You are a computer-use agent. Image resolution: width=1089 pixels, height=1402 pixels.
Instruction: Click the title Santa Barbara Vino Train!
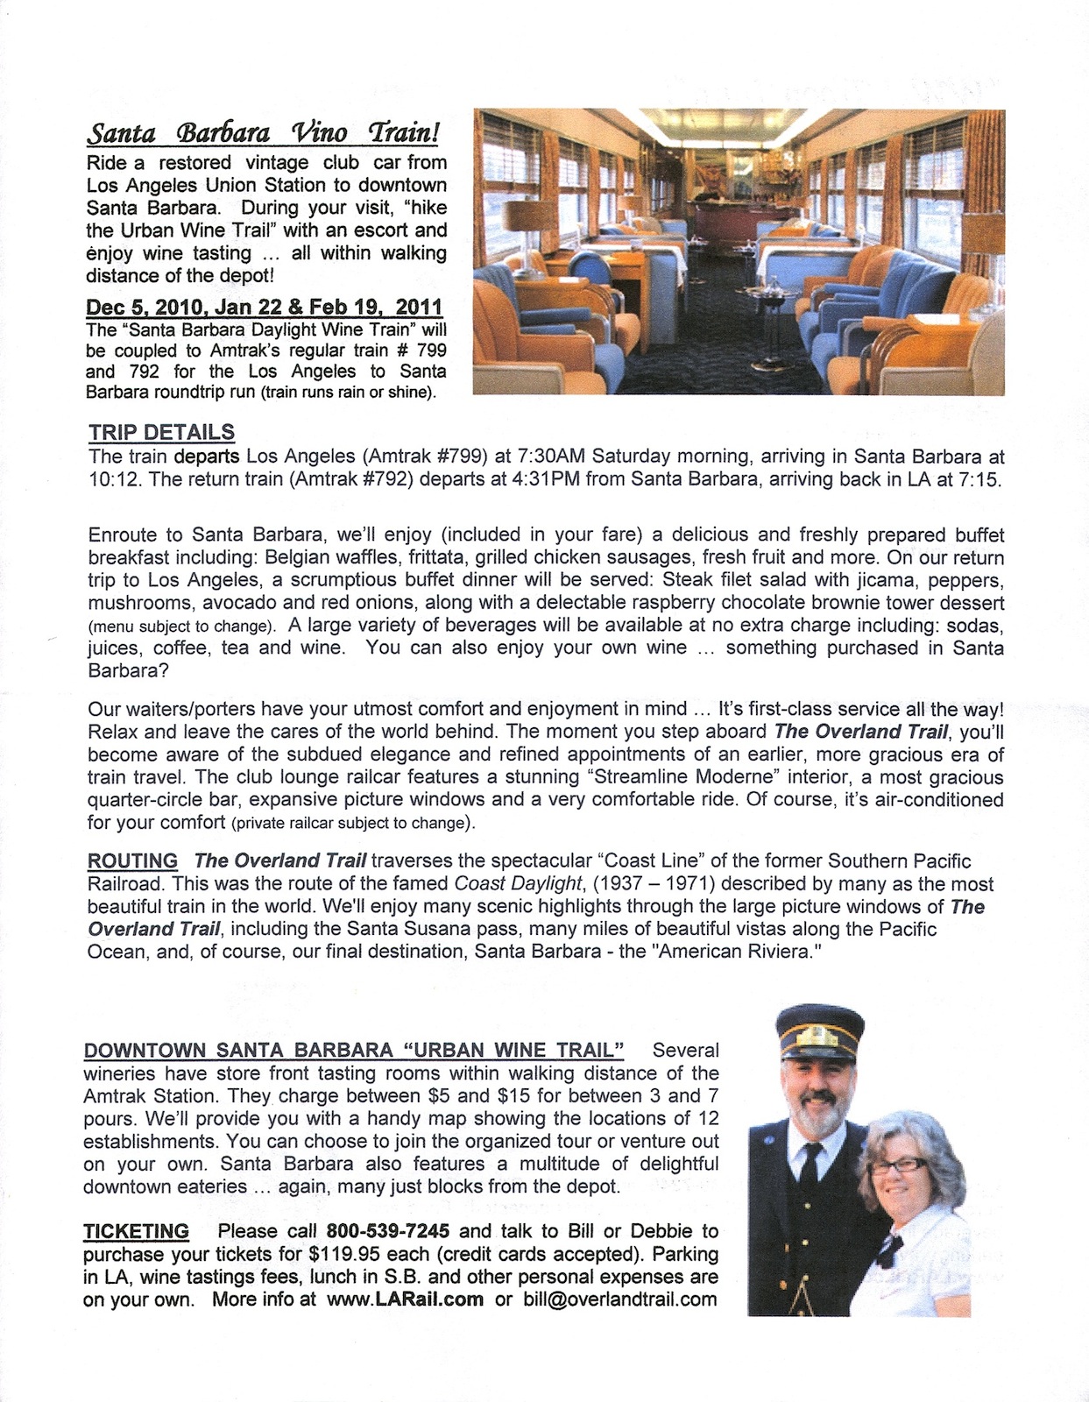click(x=263, y=133)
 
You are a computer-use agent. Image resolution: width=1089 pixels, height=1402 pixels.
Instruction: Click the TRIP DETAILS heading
click(x=161, y=432)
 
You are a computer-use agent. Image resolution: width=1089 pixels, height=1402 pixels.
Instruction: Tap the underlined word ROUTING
click(x=132, y=861)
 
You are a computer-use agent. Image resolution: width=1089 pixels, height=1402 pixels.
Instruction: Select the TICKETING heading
click(x=136, y=1231)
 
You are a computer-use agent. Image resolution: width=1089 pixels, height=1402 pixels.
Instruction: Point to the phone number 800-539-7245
click(x=388, y=1231)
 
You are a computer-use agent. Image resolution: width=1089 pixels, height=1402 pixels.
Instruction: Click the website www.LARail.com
click(x=404, y=1299)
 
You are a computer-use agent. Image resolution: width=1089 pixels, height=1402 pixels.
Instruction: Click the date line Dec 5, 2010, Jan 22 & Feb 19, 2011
click(x=264, y=308)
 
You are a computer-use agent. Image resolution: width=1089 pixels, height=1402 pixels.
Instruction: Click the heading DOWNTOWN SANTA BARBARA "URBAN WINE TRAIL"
click(x=353, y=1050)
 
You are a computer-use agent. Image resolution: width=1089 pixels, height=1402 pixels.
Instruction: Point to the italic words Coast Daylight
click(x=518, y=884)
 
